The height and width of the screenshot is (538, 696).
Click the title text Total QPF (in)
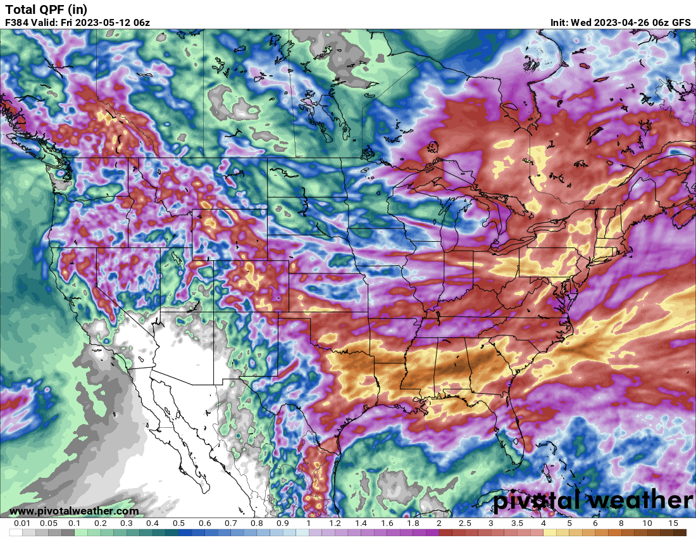coord(46,9)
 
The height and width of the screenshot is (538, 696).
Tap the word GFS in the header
coord(681,22)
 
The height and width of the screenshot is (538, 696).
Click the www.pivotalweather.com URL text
coord(74,511)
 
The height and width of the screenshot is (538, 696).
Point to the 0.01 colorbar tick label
coord(23,523)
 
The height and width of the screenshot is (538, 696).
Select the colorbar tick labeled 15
coord(673,523)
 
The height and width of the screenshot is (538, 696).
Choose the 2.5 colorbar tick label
coord(464,523)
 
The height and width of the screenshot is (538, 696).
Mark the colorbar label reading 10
coord(647,523)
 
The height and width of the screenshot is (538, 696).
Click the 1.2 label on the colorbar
coord(335,523)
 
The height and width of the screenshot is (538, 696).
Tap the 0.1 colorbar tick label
coord(74,523)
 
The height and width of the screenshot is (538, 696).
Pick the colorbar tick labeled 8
coord(621,523)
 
